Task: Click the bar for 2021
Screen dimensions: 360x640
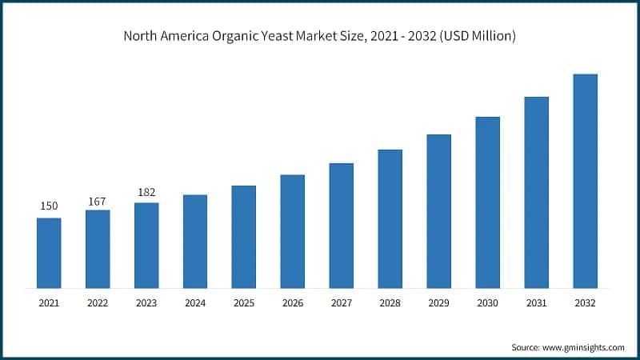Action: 49,253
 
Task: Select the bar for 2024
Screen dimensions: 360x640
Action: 195,241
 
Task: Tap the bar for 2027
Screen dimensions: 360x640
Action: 342,226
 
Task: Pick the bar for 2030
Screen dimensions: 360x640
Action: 488,202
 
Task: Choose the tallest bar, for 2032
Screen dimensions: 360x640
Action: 586,181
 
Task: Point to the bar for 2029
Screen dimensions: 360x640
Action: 439,211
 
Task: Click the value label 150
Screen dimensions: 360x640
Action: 49,206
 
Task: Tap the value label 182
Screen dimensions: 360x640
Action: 146,192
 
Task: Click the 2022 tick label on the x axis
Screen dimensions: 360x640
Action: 98,303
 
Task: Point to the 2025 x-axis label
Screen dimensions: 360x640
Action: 244,303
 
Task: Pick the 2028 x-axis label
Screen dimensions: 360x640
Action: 390,303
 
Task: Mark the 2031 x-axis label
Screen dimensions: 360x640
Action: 537,303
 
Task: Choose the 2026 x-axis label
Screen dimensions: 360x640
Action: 293,303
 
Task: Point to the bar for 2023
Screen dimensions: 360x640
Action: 146,246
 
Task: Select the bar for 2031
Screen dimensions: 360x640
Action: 537,193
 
